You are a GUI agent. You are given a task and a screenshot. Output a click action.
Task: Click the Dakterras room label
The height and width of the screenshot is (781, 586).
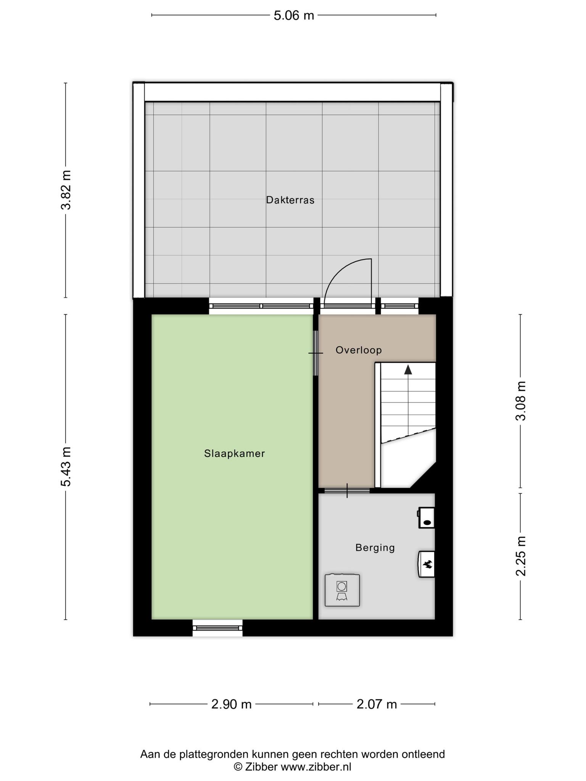click(x=290, y=200)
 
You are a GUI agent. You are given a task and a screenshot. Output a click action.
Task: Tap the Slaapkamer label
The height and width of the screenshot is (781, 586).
click(x=234, y=453)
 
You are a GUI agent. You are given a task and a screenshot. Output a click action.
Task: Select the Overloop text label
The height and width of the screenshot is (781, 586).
click(x=359, y=350)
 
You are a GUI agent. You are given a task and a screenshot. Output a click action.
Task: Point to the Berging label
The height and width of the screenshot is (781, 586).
click(x=375, y=548)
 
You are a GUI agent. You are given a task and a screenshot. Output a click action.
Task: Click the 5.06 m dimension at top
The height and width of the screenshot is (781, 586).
click(x=294, y=15)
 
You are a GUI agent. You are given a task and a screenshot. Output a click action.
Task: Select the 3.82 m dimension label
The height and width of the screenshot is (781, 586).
click(x=66, y=190)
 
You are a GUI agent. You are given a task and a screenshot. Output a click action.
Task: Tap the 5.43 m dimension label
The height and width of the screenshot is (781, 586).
click(x=66, y=466)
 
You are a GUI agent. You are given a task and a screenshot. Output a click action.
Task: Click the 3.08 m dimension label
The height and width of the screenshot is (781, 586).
click(x=520, y=400)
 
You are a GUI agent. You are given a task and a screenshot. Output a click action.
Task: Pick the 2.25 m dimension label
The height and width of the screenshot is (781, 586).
click(x=520, y=556)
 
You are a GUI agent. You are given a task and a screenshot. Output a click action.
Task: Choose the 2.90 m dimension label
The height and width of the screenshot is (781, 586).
click(x=232, y=704)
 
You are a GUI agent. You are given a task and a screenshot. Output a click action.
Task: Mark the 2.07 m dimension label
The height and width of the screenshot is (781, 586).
click(x=377, y=704)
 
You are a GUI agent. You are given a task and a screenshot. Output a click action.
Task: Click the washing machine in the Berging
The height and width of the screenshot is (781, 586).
click(x=342, y=590)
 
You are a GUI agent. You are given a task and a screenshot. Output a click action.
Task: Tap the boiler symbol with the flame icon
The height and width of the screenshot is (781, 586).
click(x=427, y=564)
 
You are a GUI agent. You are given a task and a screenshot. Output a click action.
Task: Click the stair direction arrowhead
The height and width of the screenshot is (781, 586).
click(x=408, y=369)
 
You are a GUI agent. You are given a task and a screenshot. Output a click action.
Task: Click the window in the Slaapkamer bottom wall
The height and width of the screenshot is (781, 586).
click(x=217, y=628)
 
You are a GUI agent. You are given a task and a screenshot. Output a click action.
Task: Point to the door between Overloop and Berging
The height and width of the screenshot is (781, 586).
click(x=347, y=490)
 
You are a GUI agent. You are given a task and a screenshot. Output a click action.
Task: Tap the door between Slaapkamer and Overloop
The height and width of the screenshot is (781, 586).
click(x=316, y=353)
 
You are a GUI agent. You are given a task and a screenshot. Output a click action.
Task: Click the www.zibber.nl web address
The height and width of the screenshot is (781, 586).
click(x=316, y=767)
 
